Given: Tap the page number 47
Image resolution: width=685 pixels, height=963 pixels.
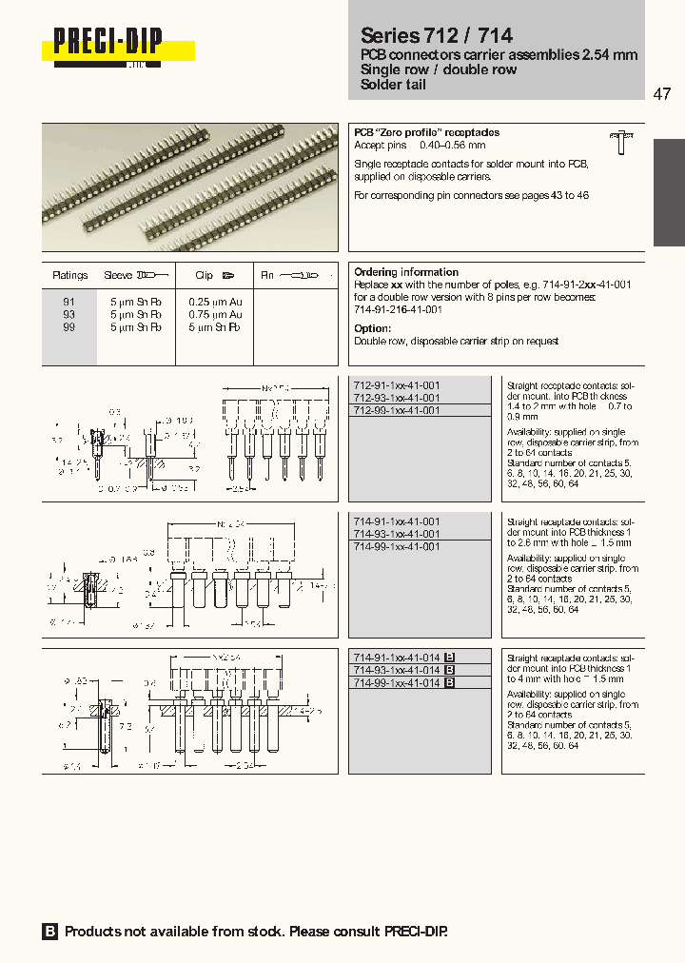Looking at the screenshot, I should (662, 94).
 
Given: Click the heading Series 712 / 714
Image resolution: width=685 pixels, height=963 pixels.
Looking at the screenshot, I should (436, 35).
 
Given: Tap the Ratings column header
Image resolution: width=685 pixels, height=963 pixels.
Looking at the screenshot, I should (70, 275).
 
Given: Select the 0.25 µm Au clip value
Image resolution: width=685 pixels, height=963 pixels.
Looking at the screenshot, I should (217, 301).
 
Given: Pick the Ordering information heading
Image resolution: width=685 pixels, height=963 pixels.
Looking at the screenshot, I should (406, 272).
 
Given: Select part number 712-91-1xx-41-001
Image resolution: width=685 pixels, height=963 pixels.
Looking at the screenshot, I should (397, 385).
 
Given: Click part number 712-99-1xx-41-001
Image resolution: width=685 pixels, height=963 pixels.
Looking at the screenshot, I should (397, 410).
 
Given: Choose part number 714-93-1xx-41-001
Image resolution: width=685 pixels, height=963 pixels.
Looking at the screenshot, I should (397, 534).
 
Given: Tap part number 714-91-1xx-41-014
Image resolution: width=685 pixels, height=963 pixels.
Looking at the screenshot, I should (397, 658).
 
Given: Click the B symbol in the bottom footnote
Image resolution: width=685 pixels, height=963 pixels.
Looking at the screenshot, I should (50, 932).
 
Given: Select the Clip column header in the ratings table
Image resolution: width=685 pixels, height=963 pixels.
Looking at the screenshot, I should (204, 275).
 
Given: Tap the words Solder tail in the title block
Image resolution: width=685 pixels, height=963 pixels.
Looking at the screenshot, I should (393, 85).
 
